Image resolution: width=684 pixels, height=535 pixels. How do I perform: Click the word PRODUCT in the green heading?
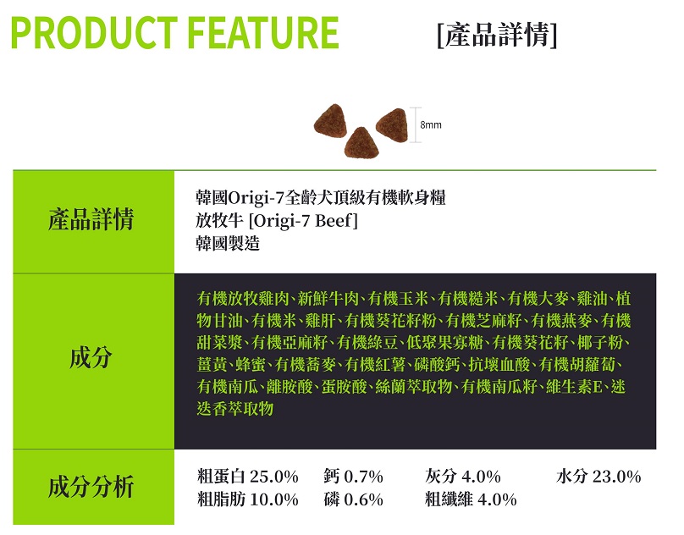pyautogui.click(x=94, y=32)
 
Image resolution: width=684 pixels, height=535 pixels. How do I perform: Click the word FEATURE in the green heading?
pyautogui.click(x=263, y=32)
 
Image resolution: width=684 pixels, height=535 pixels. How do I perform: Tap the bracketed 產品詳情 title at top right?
pyautogui.click(x=497, y=35)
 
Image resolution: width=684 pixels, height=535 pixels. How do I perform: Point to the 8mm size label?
pyautogui.click(x=431, y=124)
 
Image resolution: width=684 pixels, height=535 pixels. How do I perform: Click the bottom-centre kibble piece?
pyautogui.click(x=361, y=143)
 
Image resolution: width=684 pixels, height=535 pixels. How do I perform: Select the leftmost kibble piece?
pyautogui.click(x=330, y=120)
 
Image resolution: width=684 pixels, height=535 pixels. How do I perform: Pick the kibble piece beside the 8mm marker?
pyautogui.click(x=392, y=124)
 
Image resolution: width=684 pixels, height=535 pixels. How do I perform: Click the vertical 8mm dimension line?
pyautogui.click(x=416, y=124)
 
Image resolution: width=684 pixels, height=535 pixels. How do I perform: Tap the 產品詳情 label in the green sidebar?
pyautogui.click(x=91, y=219)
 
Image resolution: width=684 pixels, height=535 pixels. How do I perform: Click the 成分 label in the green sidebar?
pyautogui.click(x=91, y=358)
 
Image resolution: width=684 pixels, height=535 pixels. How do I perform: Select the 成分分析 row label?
pyautogui.click(x=91, y=487)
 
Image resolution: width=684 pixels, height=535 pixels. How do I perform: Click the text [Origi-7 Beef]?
pyautogui.click(x=303, y=220)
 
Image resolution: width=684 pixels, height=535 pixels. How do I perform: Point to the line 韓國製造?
pyautogui.click(x=228, y=243)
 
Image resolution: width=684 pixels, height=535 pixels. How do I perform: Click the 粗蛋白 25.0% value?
pyautogui.click(x=248, y=476)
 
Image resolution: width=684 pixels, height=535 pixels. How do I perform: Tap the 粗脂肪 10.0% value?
pyautogui.click(x=248, y=499)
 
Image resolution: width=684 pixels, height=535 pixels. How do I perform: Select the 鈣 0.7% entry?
pyautogui.click(x=353, y=476)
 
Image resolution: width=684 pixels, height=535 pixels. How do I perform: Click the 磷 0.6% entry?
pyautogui.click(x=353, y=499)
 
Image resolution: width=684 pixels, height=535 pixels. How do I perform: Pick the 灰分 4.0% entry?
pyautogui.click(x=463, y=476)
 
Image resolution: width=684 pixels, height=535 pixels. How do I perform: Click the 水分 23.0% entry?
pyautogui.click(x=598, y=476)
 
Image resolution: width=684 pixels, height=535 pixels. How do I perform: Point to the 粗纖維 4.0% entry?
pyautogui.click(x=471, y=499)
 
